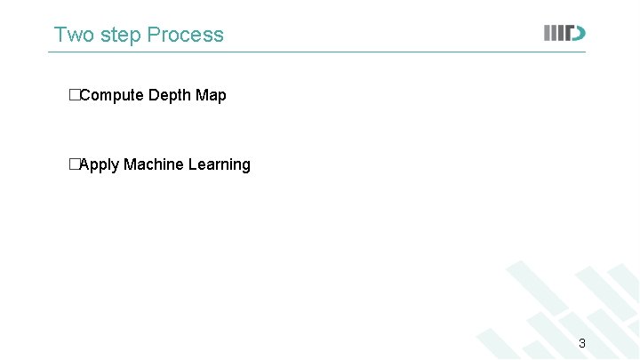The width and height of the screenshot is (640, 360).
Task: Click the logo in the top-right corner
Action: pos(564,33)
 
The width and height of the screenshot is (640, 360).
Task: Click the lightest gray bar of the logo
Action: pos(548,33)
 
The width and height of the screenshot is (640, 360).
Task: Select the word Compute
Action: pos(112,95)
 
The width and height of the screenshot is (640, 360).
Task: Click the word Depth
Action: pos(169,95)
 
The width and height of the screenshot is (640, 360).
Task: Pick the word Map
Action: pos(211,95)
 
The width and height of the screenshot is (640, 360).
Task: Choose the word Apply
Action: pos(100,165)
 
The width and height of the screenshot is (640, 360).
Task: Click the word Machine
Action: pos(154,164)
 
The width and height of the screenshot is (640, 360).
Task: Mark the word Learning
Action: pos(220,165)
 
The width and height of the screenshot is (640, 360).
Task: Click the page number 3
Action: pos(582,343)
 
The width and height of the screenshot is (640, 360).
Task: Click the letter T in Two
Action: pos(60,35)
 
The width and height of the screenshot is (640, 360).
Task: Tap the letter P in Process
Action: pos(153,35)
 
